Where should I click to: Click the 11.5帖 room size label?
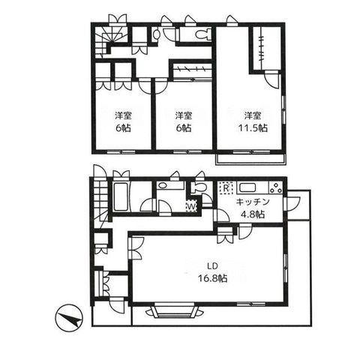[253, 128]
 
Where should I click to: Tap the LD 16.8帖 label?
[212, 272]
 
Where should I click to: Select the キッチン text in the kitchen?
[253, 202]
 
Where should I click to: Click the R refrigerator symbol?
[226, 187]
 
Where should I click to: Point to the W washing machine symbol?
[191, 206]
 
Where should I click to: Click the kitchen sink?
[247, 187]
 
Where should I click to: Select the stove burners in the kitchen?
[276, 187]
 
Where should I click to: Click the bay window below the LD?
[174, 310]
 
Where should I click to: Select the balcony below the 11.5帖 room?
[250, 160]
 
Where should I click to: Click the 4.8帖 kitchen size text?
[253, 214]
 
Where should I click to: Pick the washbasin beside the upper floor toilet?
[156, 34]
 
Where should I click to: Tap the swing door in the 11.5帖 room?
[271, 79]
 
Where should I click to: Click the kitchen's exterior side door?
[293, 203]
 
